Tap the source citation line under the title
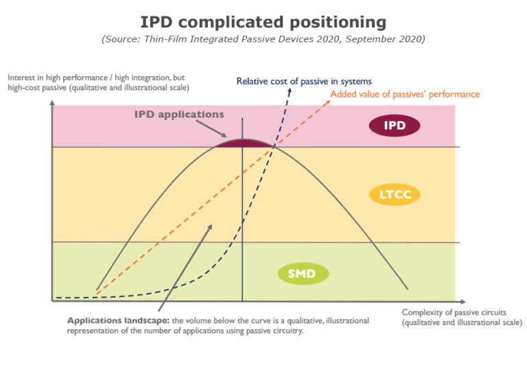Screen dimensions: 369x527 263,39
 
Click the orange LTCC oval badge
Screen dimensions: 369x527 394,195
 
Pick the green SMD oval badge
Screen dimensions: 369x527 303,274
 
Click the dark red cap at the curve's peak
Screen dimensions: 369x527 242,143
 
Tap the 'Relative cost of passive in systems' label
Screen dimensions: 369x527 305,81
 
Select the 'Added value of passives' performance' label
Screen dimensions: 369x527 405,94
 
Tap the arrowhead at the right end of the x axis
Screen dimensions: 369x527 461,300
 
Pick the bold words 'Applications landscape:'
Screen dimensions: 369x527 117,320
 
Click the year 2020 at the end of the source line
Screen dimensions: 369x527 411,39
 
